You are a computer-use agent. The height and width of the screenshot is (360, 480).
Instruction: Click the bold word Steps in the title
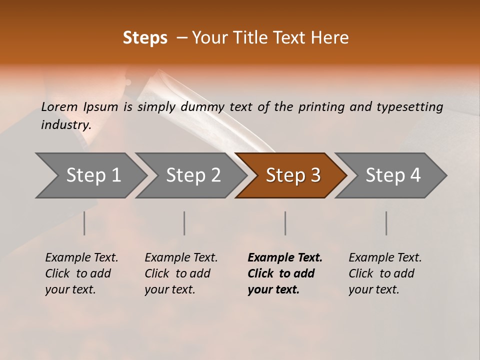point(145,38)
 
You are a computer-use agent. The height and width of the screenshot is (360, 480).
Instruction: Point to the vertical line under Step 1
point(84,223)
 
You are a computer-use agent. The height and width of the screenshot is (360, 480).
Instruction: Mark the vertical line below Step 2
point(184,223)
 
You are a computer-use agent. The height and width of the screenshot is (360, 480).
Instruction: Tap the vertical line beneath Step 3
point(285,223)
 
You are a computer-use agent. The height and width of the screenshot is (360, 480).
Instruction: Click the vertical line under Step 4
point(386,223)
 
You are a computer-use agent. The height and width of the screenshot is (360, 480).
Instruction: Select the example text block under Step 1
point(81,273)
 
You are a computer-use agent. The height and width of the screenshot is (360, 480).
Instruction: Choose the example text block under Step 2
point(181,273)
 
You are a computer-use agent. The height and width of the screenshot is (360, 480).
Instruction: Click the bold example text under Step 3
point(284,273)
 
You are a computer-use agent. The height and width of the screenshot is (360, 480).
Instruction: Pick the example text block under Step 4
point(385,273)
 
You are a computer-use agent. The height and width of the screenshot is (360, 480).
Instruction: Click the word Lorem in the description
point(59,107)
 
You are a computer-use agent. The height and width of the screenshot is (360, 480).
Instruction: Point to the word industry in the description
point(66,125)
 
